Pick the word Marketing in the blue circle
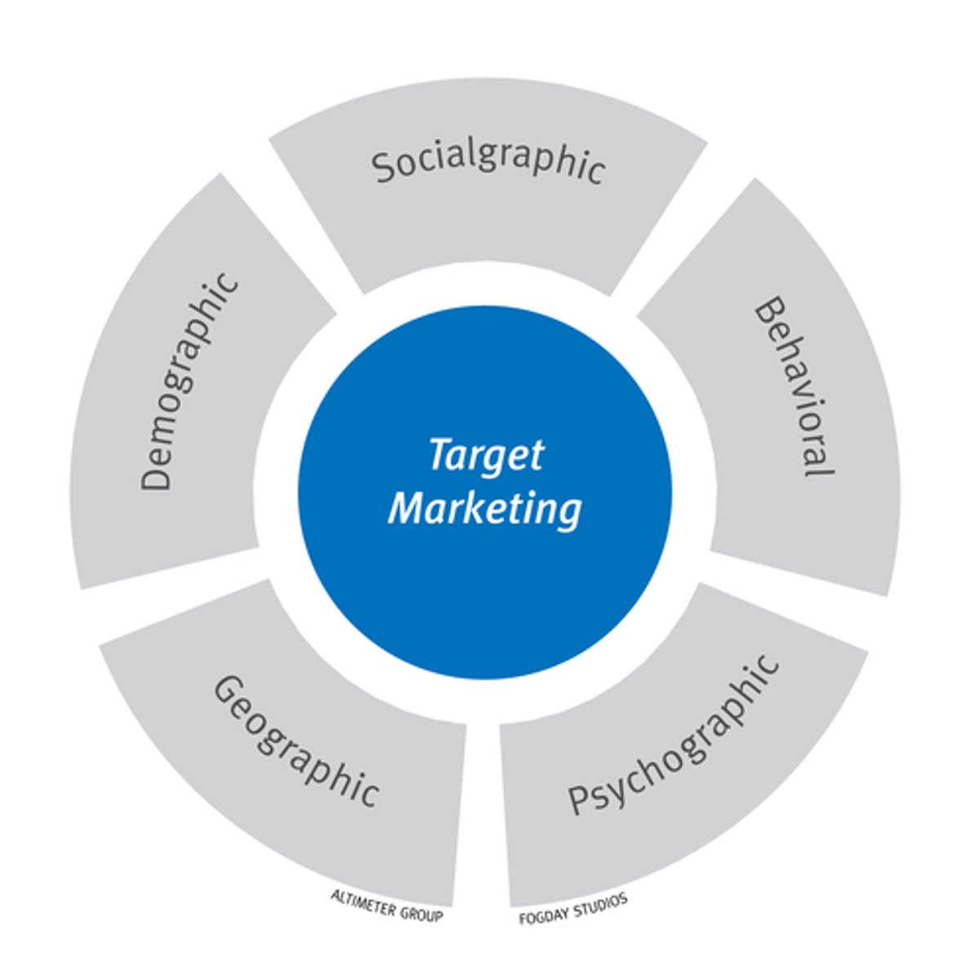pyautogui.click(x=485, y=508)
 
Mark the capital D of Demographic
pyautogui.click(x=155, y=476)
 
